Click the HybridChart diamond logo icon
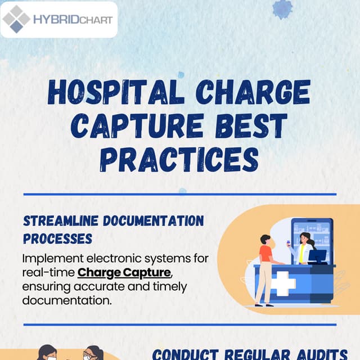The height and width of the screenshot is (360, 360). coord(16,19)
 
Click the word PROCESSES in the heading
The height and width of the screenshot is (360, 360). coord(57,238)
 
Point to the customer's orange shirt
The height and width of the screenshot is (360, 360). coord(265,253)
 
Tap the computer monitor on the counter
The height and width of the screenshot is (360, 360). coord(318,256)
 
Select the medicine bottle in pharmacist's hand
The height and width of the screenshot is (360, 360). coord(288,243)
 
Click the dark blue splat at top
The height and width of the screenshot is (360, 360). coord(282,8)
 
